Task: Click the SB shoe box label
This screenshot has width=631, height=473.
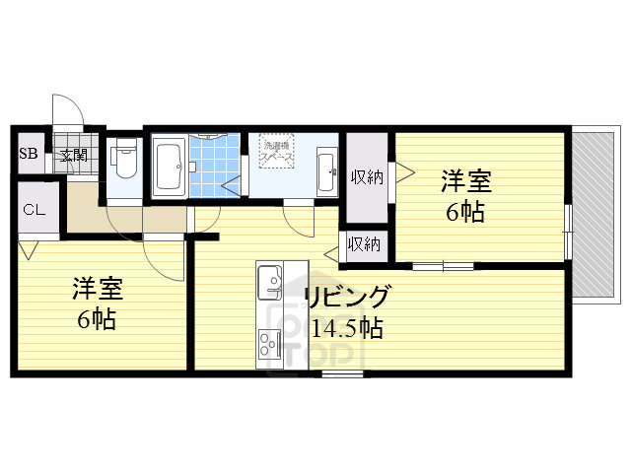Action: point(29,155)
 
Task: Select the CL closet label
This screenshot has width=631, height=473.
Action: point(33,209)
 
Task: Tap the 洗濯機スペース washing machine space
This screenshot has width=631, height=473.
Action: point(275,153)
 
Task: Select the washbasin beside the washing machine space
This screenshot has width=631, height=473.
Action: point(325,170)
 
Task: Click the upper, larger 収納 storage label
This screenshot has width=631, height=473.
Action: point(367,176)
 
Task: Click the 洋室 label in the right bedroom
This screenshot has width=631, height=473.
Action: point(465,181)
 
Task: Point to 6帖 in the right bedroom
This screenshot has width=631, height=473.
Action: point(465,211)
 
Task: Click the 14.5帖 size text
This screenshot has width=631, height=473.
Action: point(346,328)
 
